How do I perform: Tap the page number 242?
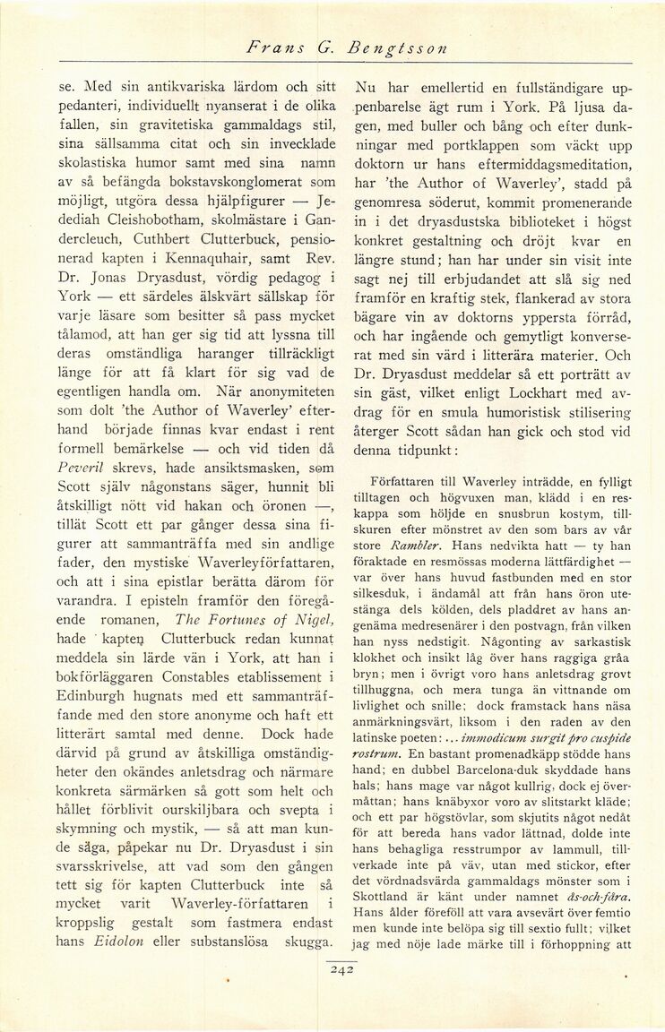pyautogui.click(x=343, y=966)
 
